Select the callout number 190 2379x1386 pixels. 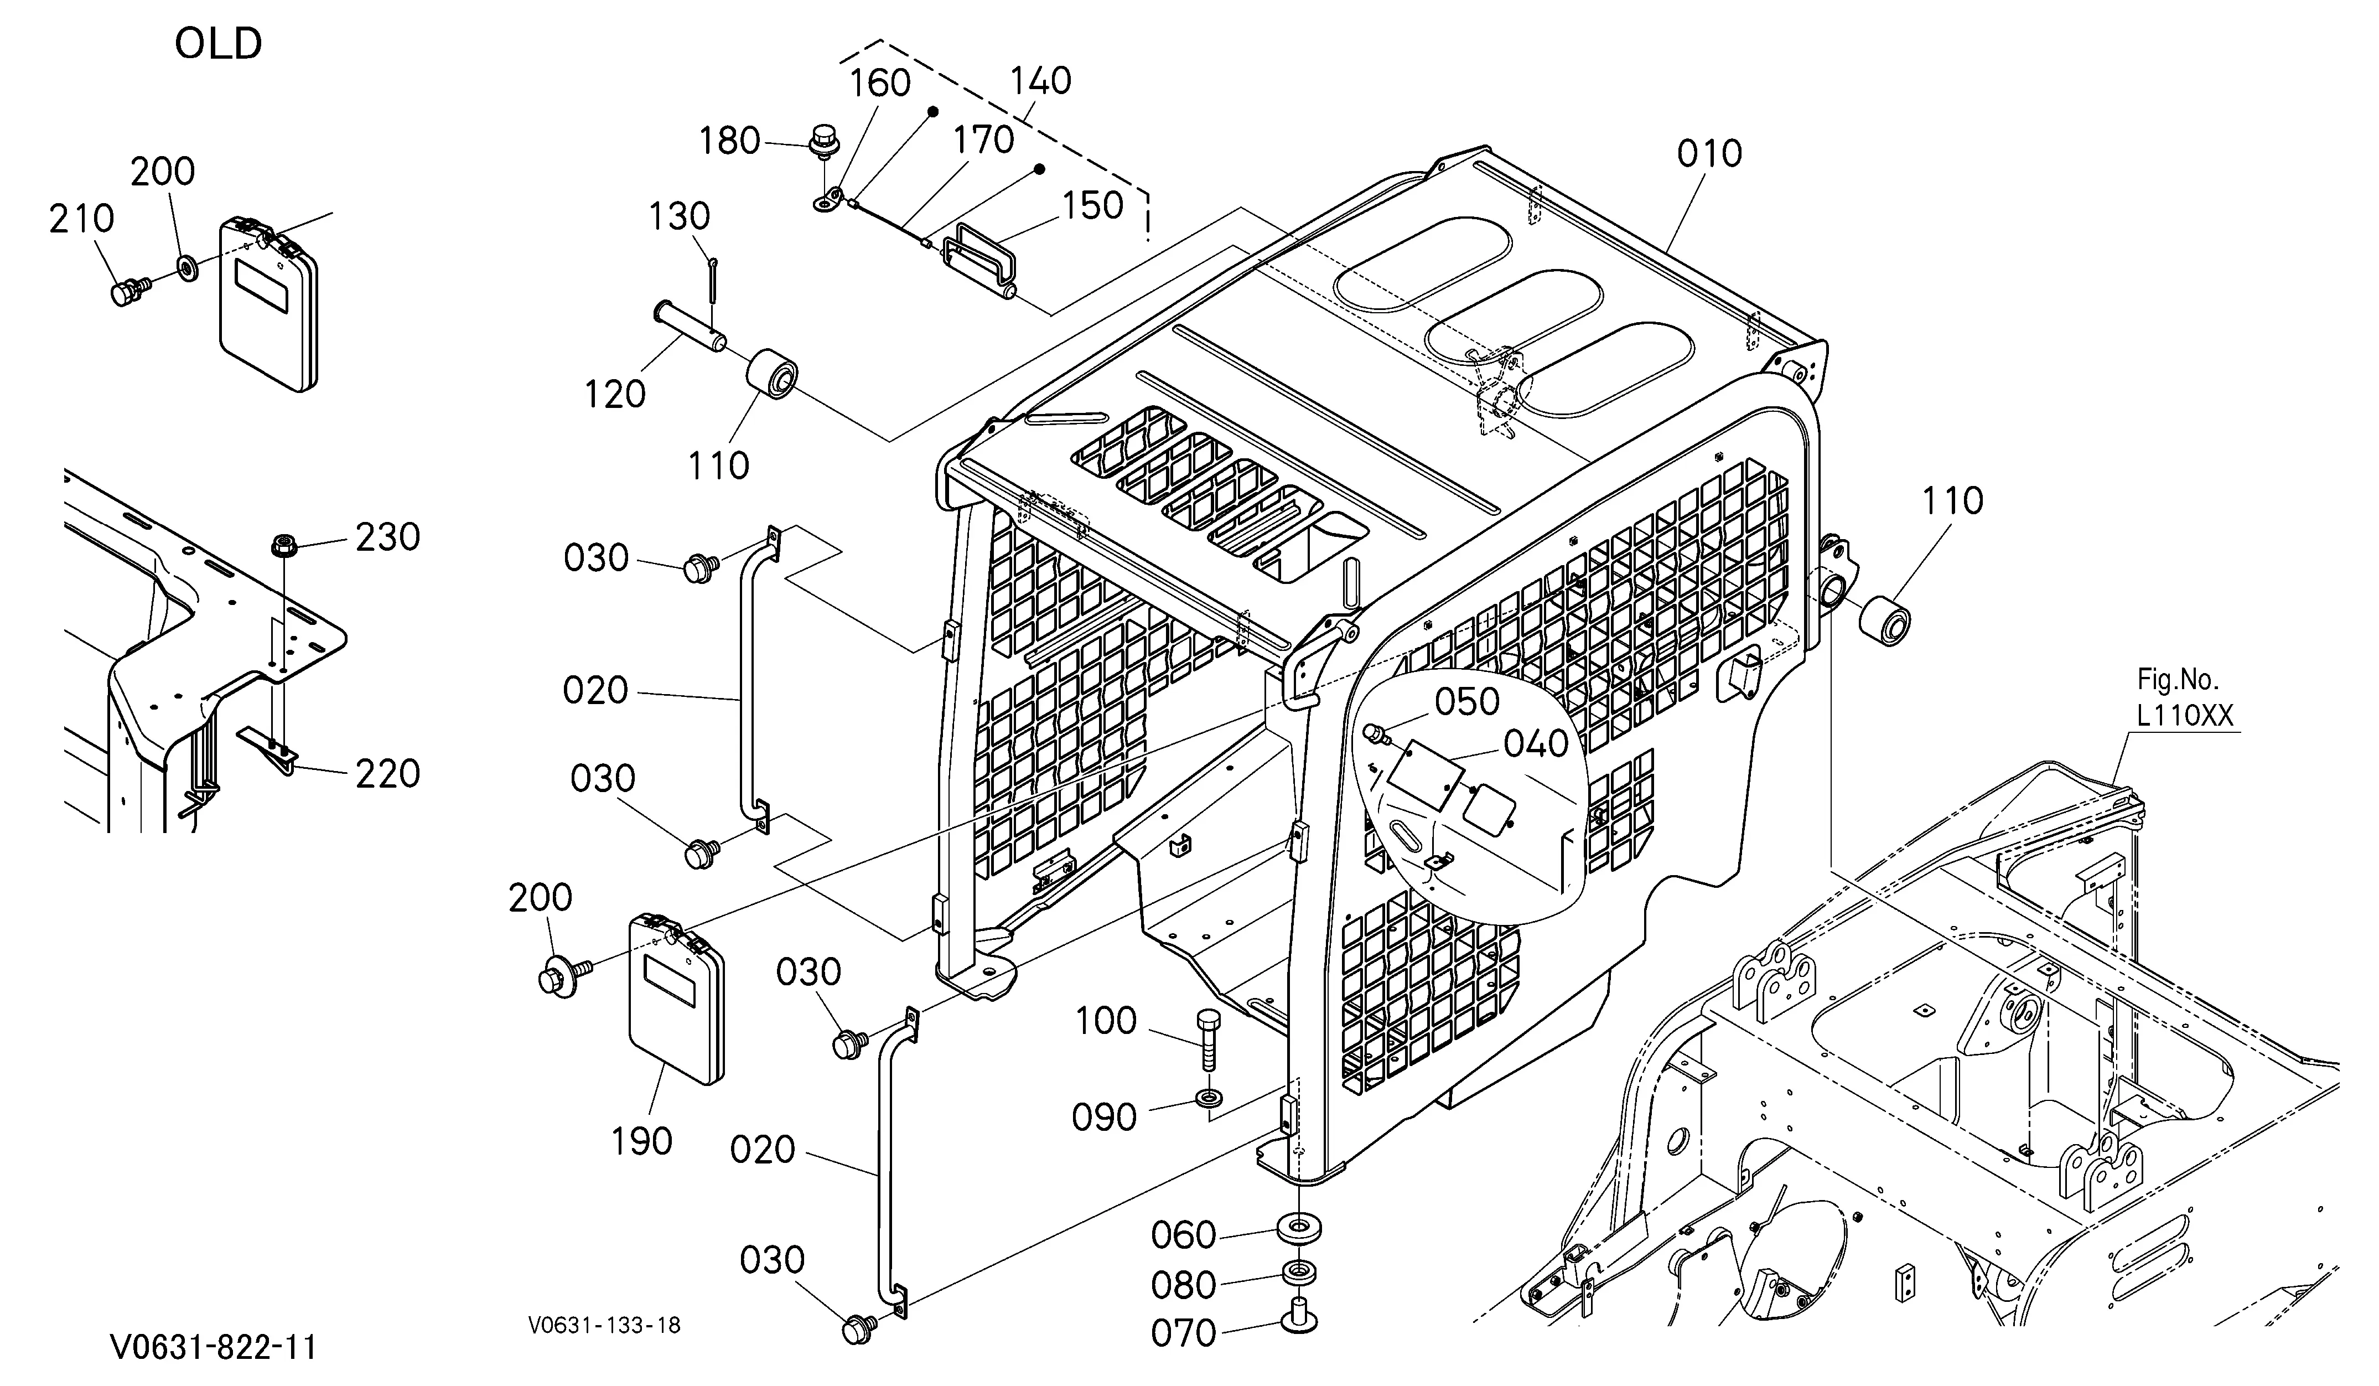[x=642, y=1141]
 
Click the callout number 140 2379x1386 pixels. [x=1041, y=81]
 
